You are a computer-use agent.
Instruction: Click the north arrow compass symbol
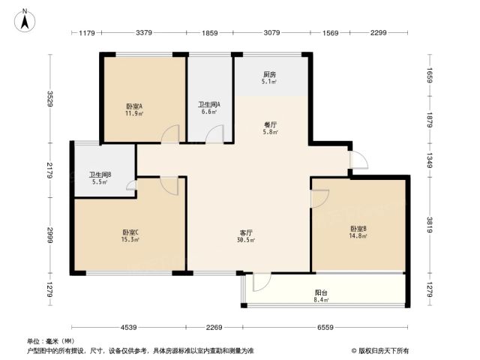(25, 21)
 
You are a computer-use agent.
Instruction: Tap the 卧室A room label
(134, 106)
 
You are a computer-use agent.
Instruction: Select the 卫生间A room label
(209, 104)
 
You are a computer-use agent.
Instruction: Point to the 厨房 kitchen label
(270, 74)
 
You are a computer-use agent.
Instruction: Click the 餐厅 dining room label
(270, 125)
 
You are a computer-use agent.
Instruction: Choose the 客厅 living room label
(246, 232)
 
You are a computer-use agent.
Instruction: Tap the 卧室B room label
(358, 229)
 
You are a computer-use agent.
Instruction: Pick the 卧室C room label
(130, 232)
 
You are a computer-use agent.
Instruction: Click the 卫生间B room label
(100, 175)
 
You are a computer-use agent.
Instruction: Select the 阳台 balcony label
(322, 292)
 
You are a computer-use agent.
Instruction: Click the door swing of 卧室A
(170, 134)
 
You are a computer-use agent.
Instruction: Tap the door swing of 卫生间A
(214, 134)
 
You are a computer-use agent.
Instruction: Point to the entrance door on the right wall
(358, 160)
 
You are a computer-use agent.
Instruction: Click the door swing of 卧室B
(320, 199)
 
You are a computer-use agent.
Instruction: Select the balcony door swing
(262, 282)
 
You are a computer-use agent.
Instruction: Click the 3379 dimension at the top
(144, 32)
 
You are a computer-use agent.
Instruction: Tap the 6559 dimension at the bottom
(325, 328)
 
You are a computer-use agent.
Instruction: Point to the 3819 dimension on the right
(430, 225)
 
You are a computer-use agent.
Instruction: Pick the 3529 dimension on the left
(50, 99)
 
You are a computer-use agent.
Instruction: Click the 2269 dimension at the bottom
(214, 328)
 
